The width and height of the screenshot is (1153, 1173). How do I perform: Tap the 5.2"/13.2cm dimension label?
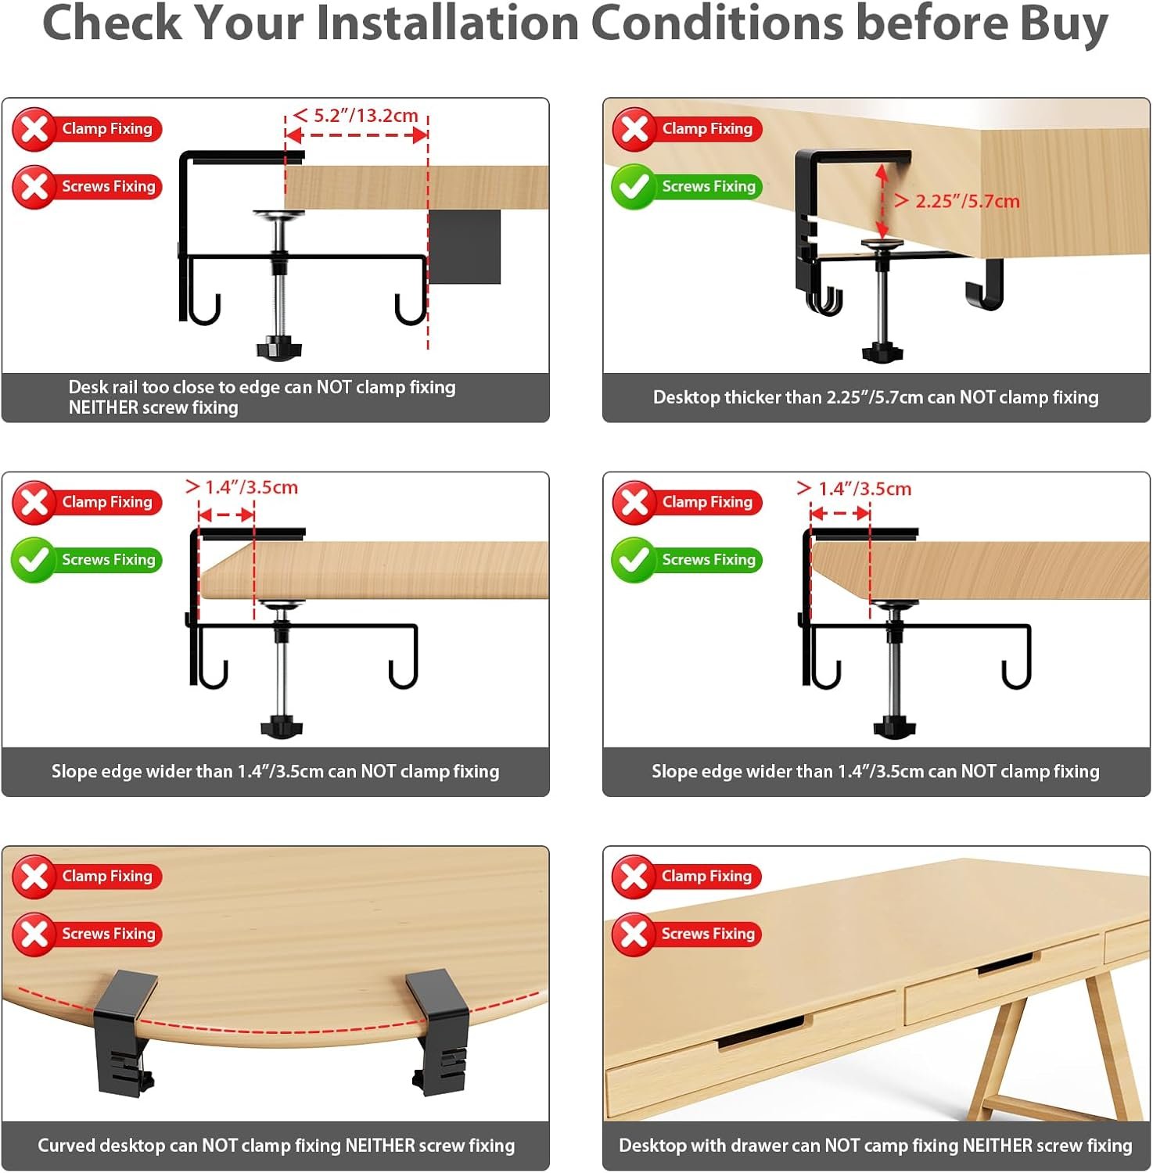pos(365,116)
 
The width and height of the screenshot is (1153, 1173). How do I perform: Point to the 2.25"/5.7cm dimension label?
pos(968,201)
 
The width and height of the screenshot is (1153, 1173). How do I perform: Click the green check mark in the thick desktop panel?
pos(633,187)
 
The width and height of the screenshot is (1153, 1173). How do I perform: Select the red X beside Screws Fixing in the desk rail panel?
pos(34,187)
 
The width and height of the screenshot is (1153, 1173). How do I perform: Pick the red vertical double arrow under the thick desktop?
pos(882,201)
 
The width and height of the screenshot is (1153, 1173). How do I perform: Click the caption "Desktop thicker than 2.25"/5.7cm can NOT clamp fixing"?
pos(875,397)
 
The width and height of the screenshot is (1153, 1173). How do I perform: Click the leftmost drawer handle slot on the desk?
pos(760,1031)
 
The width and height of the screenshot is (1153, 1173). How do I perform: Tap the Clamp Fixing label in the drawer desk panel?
pos(706,876)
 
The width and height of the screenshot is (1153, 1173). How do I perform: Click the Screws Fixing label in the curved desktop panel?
pos(109,934)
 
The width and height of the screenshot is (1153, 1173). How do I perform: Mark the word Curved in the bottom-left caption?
pos(66,1146)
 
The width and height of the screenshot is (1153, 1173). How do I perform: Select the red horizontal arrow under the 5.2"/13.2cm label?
pos(357,135)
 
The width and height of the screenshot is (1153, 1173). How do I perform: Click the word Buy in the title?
pos(1064,23)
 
